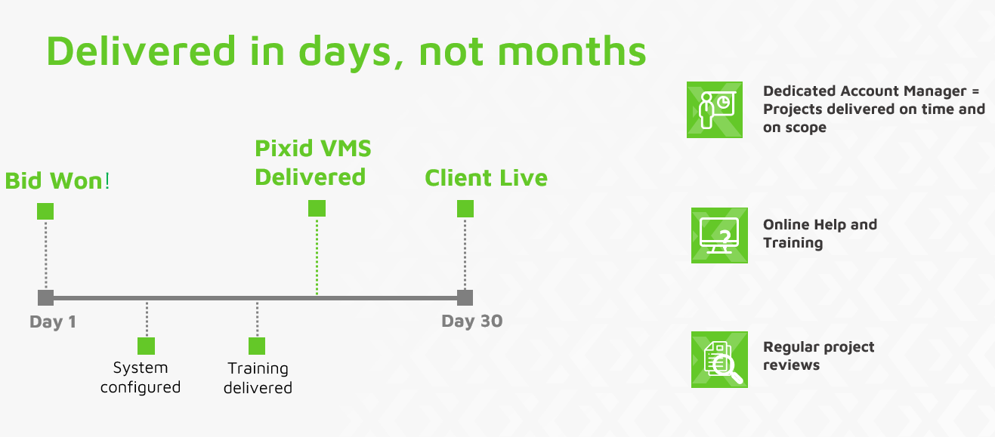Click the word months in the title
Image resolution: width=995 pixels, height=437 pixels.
(572, 51)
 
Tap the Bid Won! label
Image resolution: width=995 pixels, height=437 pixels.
(57, 181)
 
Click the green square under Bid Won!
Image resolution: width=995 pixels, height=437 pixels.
(45, 211)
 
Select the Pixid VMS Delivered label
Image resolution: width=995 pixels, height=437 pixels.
(313, 163)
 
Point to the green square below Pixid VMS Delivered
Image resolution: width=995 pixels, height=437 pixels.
(317, 208)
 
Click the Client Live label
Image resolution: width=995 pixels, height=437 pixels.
(486, 178)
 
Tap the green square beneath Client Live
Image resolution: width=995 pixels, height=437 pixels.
(465, 208)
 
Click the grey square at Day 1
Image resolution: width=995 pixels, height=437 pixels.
(46, 297)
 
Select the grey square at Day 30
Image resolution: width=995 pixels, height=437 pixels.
(465, 297)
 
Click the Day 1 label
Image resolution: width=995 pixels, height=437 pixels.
(53, 322)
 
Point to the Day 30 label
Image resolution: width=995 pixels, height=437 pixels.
(471, 321)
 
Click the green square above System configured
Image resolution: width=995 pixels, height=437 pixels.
(146, 346)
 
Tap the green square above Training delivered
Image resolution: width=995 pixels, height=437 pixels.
(257, 346)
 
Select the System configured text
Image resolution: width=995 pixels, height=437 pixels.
(141, 377)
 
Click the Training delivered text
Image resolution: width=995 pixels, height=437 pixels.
(258, 378)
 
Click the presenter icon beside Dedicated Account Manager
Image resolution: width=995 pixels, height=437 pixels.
(715, 109)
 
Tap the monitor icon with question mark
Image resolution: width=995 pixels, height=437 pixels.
(719, 235)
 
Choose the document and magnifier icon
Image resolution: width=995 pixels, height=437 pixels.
(719, 360)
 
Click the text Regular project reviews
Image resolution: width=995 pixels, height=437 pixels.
(819, 355)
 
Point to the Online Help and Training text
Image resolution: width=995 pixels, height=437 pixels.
(820, 234)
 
